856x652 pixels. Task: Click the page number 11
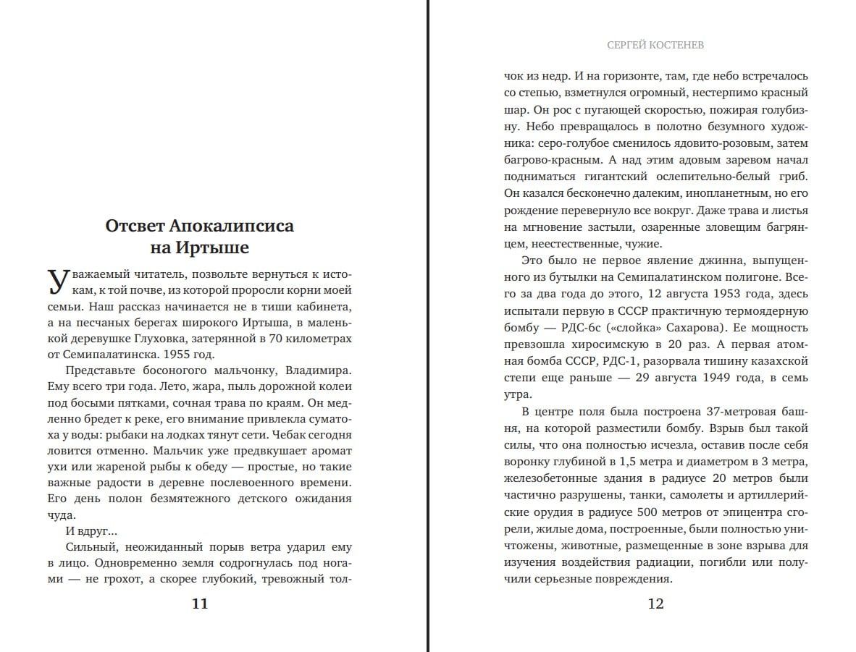click(x=200, y=604)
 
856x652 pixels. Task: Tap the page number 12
click(x=655, y=604)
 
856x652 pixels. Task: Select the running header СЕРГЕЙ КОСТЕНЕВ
click(x=655, y=45)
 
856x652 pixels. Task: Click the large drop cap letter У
click(x=59, y=280)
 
